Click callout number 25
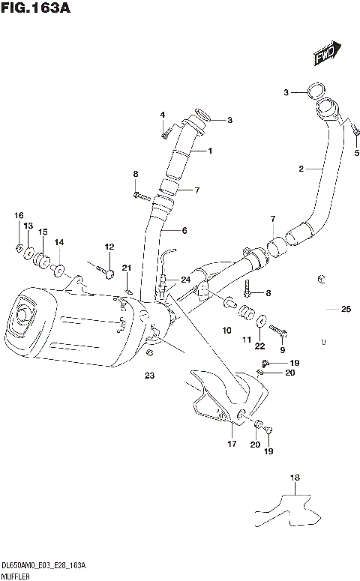click(346, 309)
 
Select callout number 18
click(295, 477)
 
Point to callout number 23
click(149, 376)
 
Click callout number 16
click(18, 216)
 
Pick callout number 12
click(109, 247)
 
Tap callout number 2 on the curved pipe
click(300, 169)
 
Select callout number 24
click(185, 280)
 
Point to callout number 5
click(356, 153)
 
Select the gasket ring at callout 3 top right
click(318, 92)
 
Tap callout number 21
click(127, 268)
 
